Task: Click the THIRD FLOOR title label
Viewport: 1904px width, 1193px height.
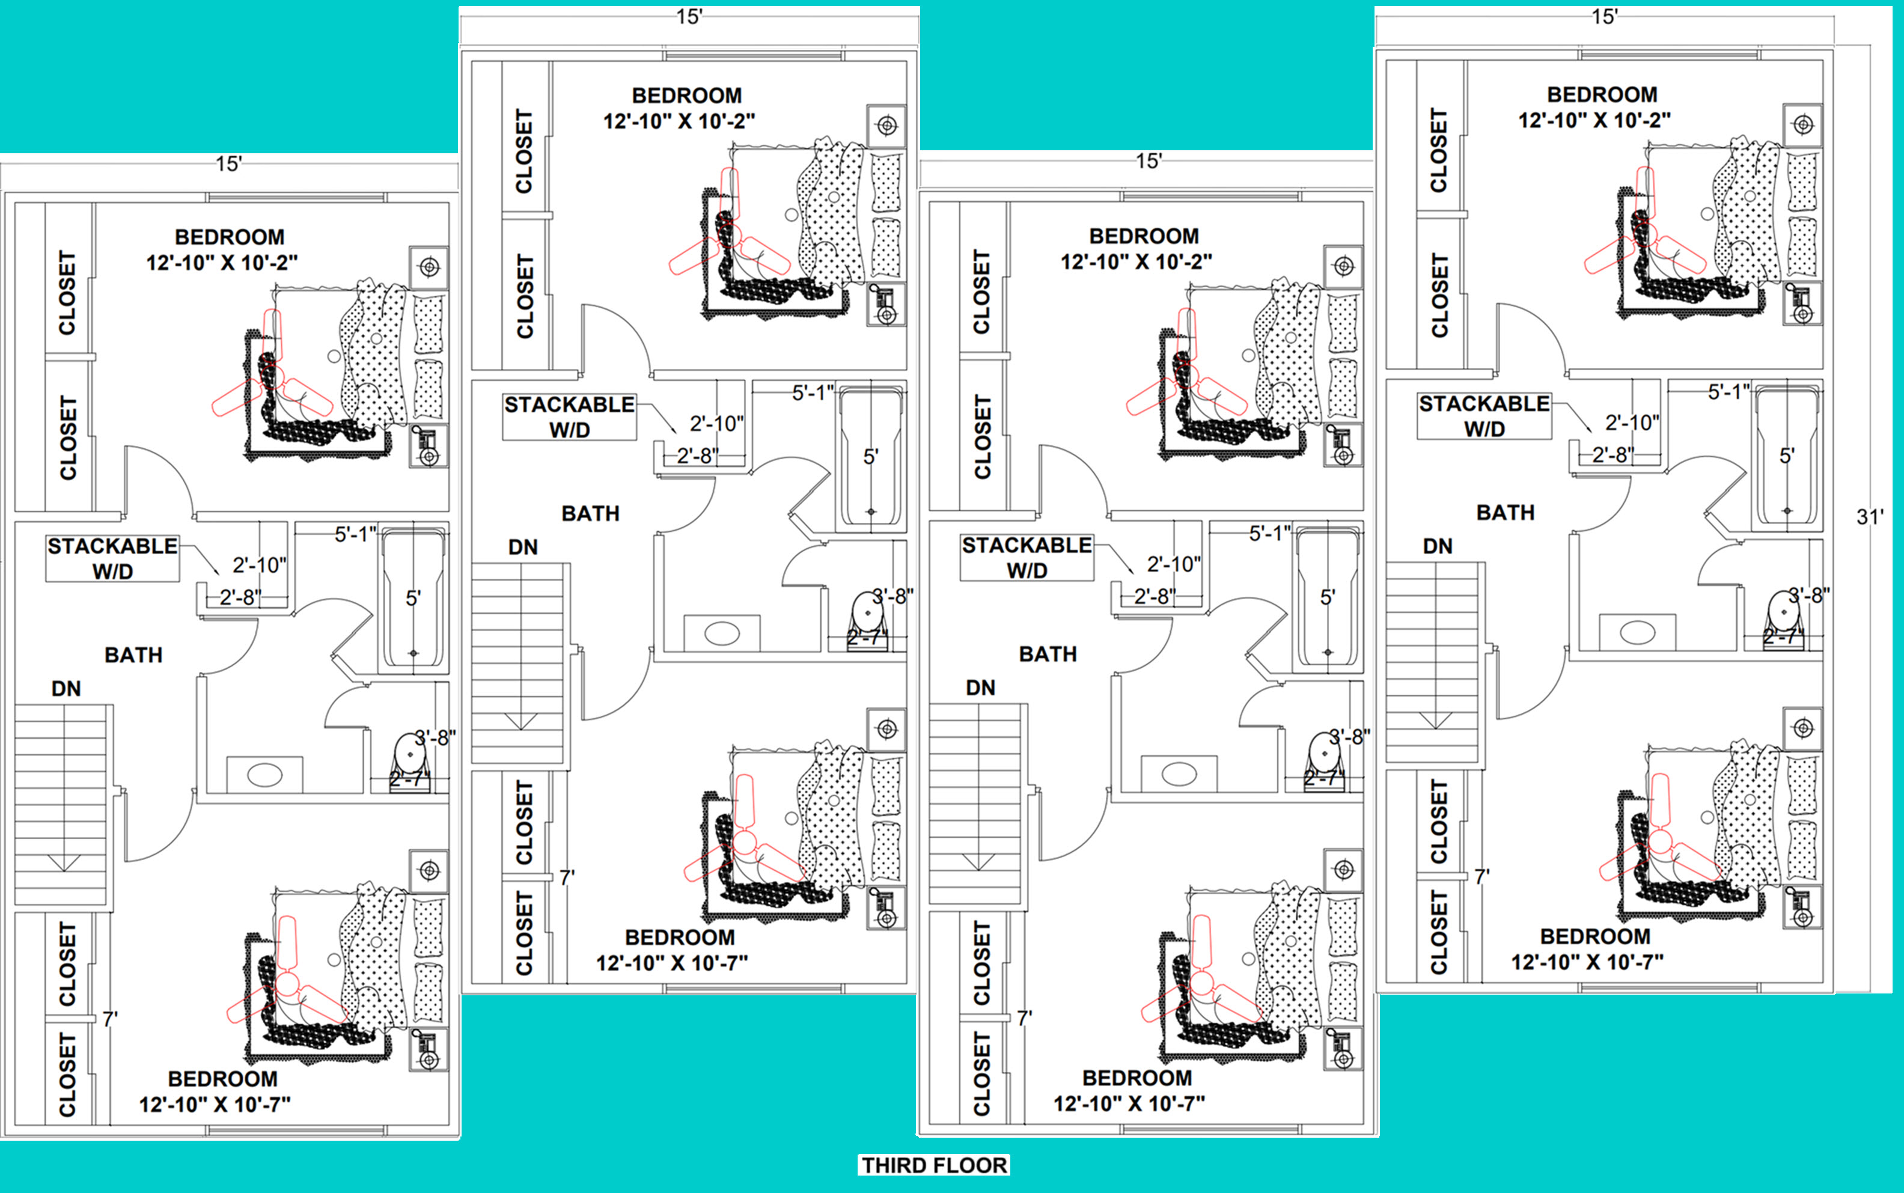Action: coord(934,1165)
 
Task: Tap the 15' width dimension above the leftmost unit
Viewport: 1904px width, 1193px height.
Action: coord(229,164)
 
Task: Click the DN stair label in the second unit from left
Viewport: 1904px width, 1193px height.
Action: coord(523,547)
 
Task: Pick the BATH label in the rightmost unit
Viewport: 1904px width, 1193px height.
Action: coord(1506,513)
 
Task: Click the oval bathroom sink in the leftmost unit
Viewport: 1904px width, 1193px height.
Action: coord(265,774)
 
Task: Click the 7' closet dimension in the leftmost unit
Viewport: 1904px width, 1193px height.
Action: coord(109,1019)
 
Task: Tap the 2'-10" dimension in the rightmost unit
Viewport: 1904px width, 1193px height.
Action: coord(1632,423)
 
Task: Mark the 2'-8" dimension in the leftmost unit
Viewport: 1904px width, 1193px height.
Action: coord(240,597)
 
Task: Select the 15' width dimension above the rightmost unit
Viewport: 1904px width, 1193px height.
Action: coord(1605,17)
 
